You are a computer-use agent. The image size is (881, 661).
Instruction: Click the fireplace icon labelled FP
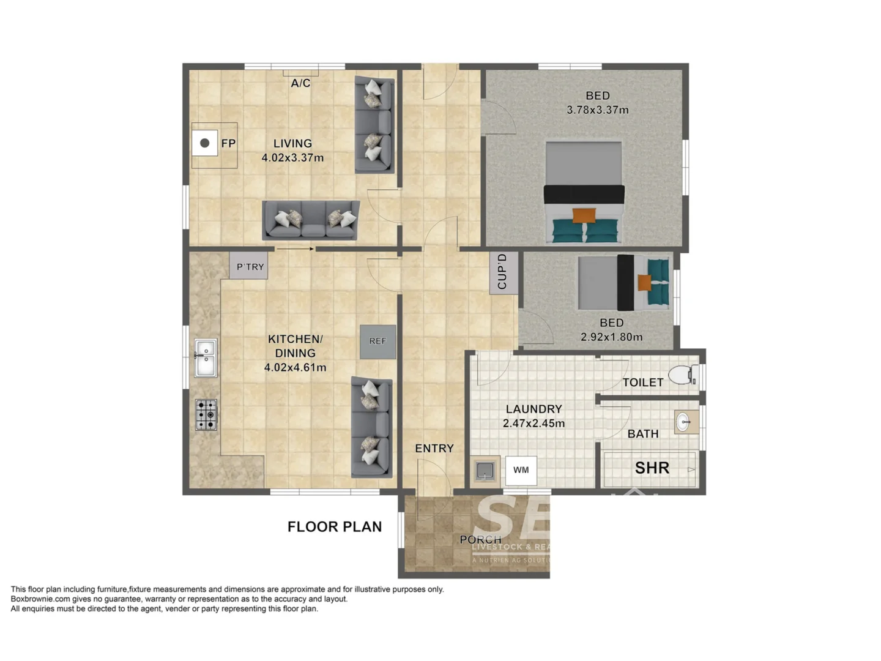[205, 143]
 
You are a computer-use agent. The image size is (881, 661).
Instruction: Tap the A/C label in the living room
[300, 83]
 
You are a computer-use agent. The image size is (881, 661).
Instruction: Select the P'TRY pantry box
[249, 266]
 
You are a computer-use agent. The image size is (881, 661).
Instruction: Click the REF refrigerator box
[377, 342]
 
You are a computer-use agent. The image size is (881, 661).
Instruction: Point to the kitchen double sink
[206, 358]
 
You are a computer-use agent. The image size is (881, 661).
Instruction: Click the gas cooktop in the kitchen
[206, 415]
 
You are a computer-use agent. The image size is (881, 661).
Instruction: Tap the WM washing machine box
[521, 470]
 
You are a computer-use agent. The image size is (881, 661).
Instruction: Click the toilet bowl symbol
[682, 375]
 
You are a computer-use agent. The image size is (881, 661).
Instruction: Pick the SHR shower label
[652, 468]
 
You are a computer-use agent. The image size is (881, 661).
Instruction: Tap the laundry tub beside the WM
[485, 471]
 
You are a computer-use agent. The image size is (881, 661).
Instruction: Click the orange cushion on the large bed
[584, 215]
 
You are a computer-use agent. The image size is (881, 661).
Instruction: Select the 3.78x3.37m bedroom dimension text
[597, 110]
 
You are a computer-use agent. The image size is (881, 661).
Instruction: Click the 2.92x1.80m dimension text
[611, 337]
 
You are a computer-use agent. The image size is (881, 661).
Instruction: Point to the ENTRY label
[434, 449]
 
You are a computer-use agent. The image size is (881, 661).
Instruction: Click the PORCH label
[480, 540]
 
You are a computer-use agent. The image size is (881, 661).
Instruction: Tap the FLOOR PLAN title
[335, 527]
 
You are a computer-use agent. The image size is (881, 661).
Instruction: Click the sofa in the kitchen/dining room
[371, 427]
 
